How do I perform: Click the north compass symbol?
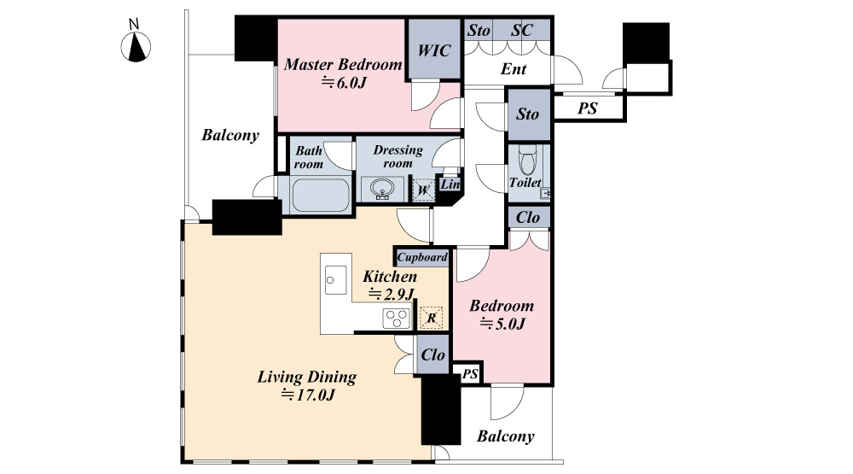pyautogui.click(x=136, y=46)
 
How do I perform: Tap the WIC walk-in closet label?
pyautogui.click(x=433, y=50)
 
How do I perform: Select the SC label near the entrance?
pyautogui.click(x=521, y=30)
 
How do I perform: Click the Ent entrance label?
pyautogui.click(x=513, y=69)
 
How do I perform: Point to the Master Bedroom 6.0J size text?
pyautogui.click(x=343, y=82)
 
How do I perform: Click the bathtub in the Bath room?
pyautogui.click(x=321, y=195)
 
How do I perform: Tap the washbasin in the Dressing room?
pyautogui.click(x=382, y=189)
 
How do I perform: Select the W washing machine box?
pyautogui.click(x=423, y=190)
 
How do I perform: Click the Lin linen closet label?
pyautogui.click(x=450, y=184)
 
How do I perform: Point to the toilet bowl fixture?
pyautogui.click(x=527, y=159)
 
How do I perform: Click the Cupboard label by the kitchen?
pyautogui.click(x=422, y=257)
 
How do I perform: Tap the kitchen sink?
pyautogui.click(x=335, y=280)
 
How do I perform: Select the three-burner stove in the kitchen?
pyautogui.click(x=396, y=319)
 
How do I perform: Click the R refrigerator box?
pyautogui.click(x=432, y=318)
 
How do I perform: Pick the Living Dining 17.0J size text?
pyautogui.click(x=308, y=395)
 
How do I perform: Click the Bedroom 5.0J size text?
pyautogui.click(x=502, y=325)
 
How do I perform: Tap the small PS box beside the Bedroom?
pyautogui.click(x=469, y=373)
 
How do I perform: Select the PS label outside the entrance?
pyautogui.click(x=587, y=108)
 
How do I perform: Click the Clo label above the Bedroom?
pyautogui.click(x=528, y=218)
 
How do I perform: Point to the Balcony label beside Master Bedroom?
pyautogui.click(x=230, y=135)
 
